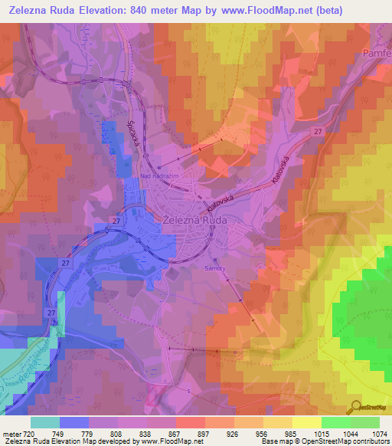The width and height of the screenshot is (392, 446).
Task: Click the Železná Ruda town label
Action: [197, 218]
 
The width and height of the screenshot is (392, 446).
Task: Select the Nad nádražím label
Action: [158, 175]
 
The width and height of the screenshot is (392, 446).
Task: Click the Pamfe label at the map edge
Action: [377, 55]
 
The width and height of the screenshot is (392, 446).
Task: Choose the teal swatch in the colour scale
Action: [45, 422]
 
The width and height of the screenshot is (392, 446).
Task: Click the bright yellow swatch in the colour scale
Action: [307, 422]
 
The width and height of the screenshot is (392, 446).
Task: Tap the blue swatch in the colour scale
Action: [74, 422]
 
